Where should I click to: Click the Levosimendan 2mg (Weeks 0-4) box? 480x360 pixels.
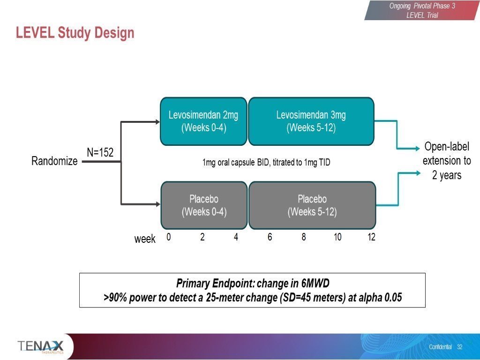(203, 121)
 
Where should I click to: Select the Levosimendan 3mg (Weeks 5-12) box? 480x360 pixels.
(311, 121)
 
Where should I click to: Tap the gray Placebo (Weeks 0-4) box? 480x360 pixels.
(204, 205)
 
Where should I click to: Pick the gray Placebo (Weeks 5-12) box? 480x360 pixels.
(312, 205)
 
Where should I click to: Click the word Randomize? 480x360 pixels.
(54, 161)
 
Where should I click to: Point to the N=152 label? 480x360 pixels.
(100, 152)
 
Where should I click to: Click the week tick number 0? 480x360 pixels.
(168, 237)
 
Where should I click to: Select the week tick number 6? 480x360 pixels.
(270, 237)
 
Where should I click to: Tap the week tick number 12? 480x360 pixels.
(371, 237)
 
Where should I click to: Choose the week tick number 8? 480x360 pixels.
(304, 237)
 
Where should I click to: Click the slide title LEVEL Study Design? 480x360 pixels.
(75, 33)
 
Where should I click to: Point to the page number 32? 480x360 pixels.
(459, 347)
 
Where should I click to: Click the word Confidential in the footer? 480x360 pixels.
(440, 347)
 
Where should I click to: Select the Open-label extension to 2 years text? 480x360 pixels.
(447, 161)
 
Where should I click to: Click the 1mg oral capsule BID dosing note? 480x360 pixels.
(266, 163)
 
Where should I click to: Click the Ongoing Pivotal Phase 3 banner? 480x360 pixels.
(422, 10)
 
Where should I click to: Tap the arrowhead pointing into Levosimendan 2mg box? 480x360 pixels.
(157, 122)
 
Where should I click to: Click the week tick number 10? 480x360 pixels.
(337, 237)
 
